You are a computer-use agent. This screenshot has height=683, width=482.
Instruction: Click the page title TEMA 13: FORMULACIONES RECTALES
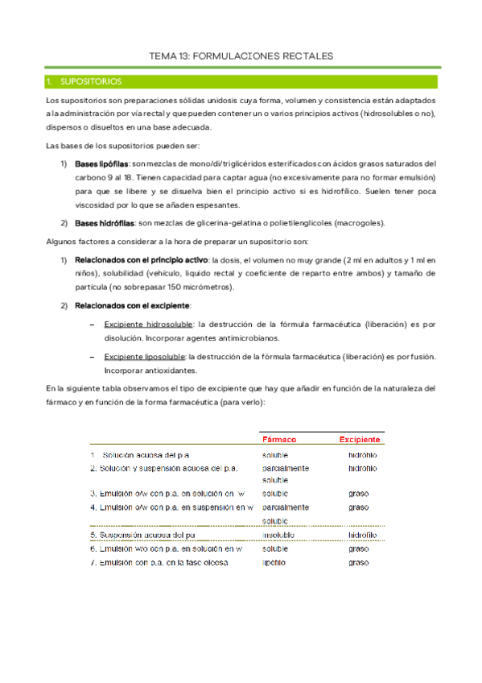click(x=241, y=56)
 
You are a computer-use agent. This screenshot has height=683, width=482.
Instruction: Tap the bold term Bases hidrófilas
click(x=104, y=222)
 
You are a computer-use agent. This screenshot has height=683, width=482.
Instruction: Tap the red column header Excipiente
click(x=360, y=440)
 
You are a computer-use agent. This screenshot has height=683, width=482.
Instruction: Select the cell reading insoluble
click(x=278, y=534)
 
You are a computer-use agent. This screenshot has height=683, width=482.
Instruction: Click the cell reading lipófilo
click(x=274, y=562)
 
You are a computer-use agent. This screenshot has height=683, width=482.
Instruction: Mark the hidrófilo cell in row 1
click(x=363, y=456)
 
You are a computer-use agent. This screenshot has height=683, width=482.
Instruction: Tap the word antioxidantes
click(x=171, y=370)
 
